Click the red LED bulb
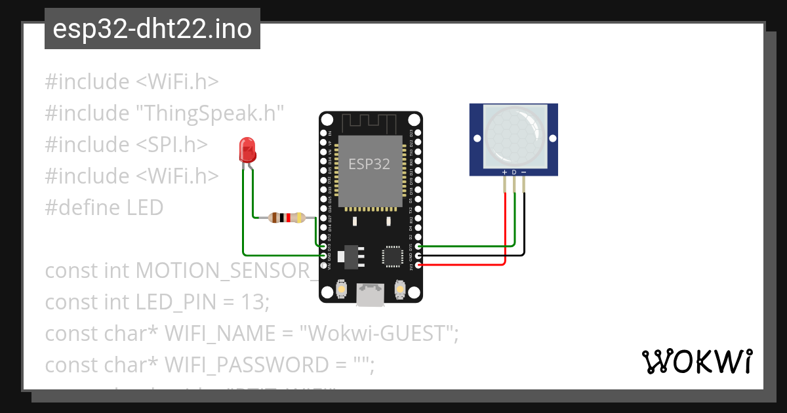coord(248,150)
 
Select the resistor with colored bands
coord(287,218)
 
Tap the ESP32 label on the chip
coord(369,164)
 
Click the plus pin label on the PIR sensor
coord(504,172)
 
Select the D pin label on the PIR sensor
coord(514,172)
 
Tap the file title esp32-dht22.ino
coord(152,29)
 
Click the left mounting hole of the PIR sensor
coord(477,139)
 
